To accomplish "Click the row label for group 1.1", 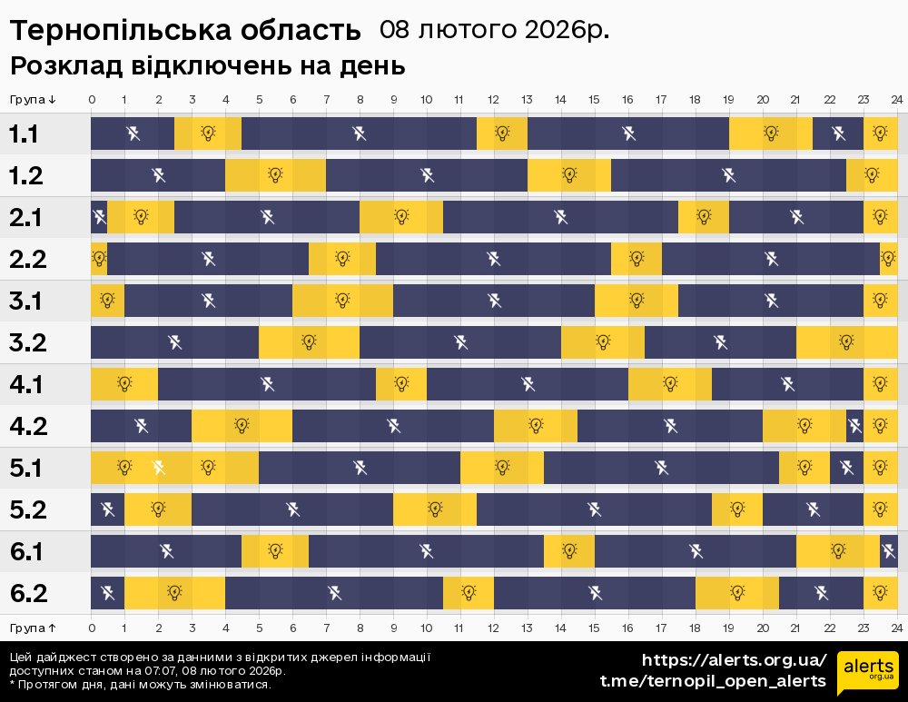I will coord(24,134).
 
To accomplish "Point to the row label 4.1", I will coord(25,385).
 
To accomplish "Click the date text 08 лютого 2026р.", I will coord(494,30).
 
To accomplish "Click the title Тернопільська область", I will coord(185,31).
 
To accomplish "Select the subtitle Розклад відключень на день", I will coord(207,66).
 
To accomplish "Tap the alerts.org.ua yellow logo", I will coord(868,673).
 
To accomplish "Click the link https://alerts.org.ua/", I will coord(734,660).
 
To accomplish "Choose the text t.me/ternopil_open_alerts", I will coord(713,681).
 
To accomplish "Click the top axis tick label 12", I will coord(493,99).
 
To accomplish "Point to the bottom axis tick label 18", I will coord(695,628).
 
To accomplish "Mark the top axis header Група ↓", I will coord(34,99).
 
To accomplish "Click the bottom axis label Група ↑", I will coord(34,628).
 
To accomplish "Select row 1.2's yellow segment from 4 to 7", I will coord(275,175).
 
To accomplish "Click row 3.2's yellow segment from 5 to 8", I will coord(309,342).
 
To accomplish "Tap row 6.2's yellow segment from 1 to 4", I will coord(174,593).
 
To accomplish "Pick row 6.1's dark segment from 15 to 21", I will coord(695,551).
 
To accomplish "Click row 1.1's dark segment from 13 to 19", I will coord(627,133).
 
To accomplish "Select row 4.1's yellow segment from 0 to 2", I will coord(124,384).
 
